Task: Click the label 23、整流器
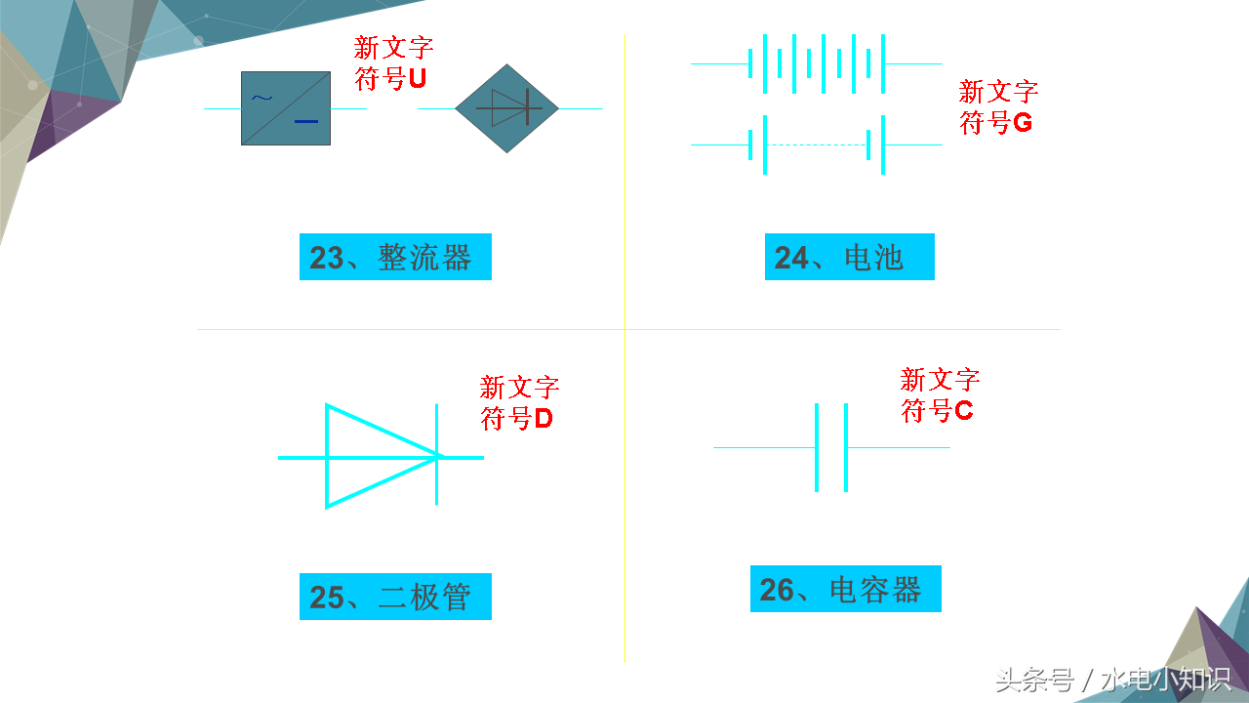(x=395, y=258)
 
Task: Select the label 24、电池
(x=849, y=258)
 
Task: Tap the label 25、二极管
(x=395, y=597)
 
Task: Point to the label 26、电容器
(x=845, y=590)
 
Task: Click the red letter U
(x=417, y=79)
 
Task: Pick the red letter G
(x=1023, y=124)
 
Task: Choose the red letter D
(x=544, y=420)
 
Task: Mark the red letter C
(x=963, y=411)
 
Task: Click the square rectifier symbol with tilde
(x=286, y=108)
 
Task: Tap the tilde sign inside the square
(x=262, y=97)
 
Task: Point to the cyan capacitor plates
(x=831, y=447)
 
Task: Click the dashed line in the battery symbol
(x=817, y=145)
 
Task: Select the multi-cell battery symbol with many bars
(x=817, y=63)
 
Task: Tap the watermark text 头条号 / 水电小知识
(x=1113, y=679)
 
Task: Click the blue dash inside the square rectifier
(x=306, y=122)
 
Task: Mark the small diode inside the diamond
(x=509, y=108)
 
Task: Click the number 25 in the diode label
(x=327, y=598)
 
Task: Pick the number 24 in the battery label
(x=791, y=258)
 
